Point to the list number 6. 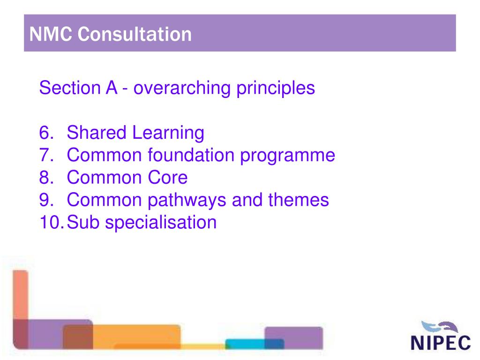click(47, 133)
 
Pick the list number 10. click(51, 222)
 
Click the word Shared click(97, 133)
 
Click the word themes click(298, 200)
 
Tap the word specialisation click(161, 223)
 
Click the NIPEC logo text click(440, 343)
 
